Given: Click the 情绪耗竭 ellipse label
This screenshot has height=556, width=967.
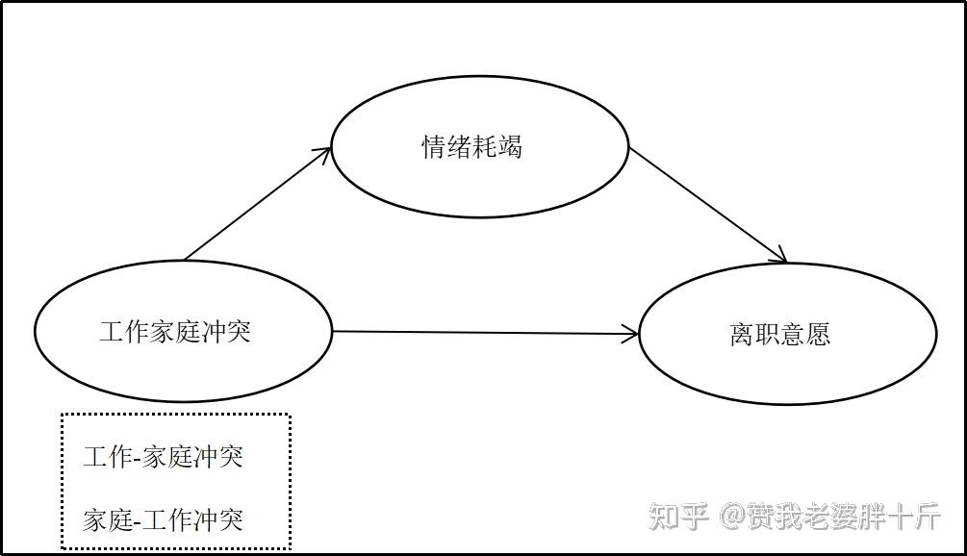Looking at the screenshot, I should click(471, 147).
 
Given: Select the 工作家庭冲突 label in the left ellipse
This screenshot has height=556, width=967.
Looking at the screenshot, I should click(175, 332).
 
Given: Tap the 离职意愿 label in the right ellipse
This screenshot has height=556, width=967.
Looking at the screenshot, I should click(779, 335).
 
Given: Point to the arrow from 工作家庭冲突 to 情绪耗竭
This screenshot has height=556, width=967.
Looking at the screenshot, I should click(258, 204).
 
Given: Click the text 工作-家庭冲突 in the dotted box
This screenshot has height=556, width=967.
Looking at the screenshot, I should click(163, 456).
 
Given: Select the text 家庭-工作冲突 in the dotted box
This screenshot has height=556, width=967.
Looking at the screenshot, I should click(163, 520).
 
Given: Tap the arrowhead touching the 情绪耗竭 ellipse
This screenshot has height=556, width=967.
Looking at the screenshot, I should click(326, 154).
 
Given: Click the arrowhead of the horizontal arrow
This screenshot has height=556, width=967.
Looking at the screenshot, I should click(631, 335).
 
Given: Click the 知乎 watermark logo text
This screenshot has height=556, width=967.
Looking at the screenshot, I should click(678, 516).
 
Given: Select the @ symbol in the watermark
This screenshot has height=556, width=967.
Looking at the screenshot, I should click(731, 517).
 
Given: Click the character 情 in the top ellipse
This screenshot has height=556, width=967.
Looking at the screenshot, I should click(434, 147).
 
